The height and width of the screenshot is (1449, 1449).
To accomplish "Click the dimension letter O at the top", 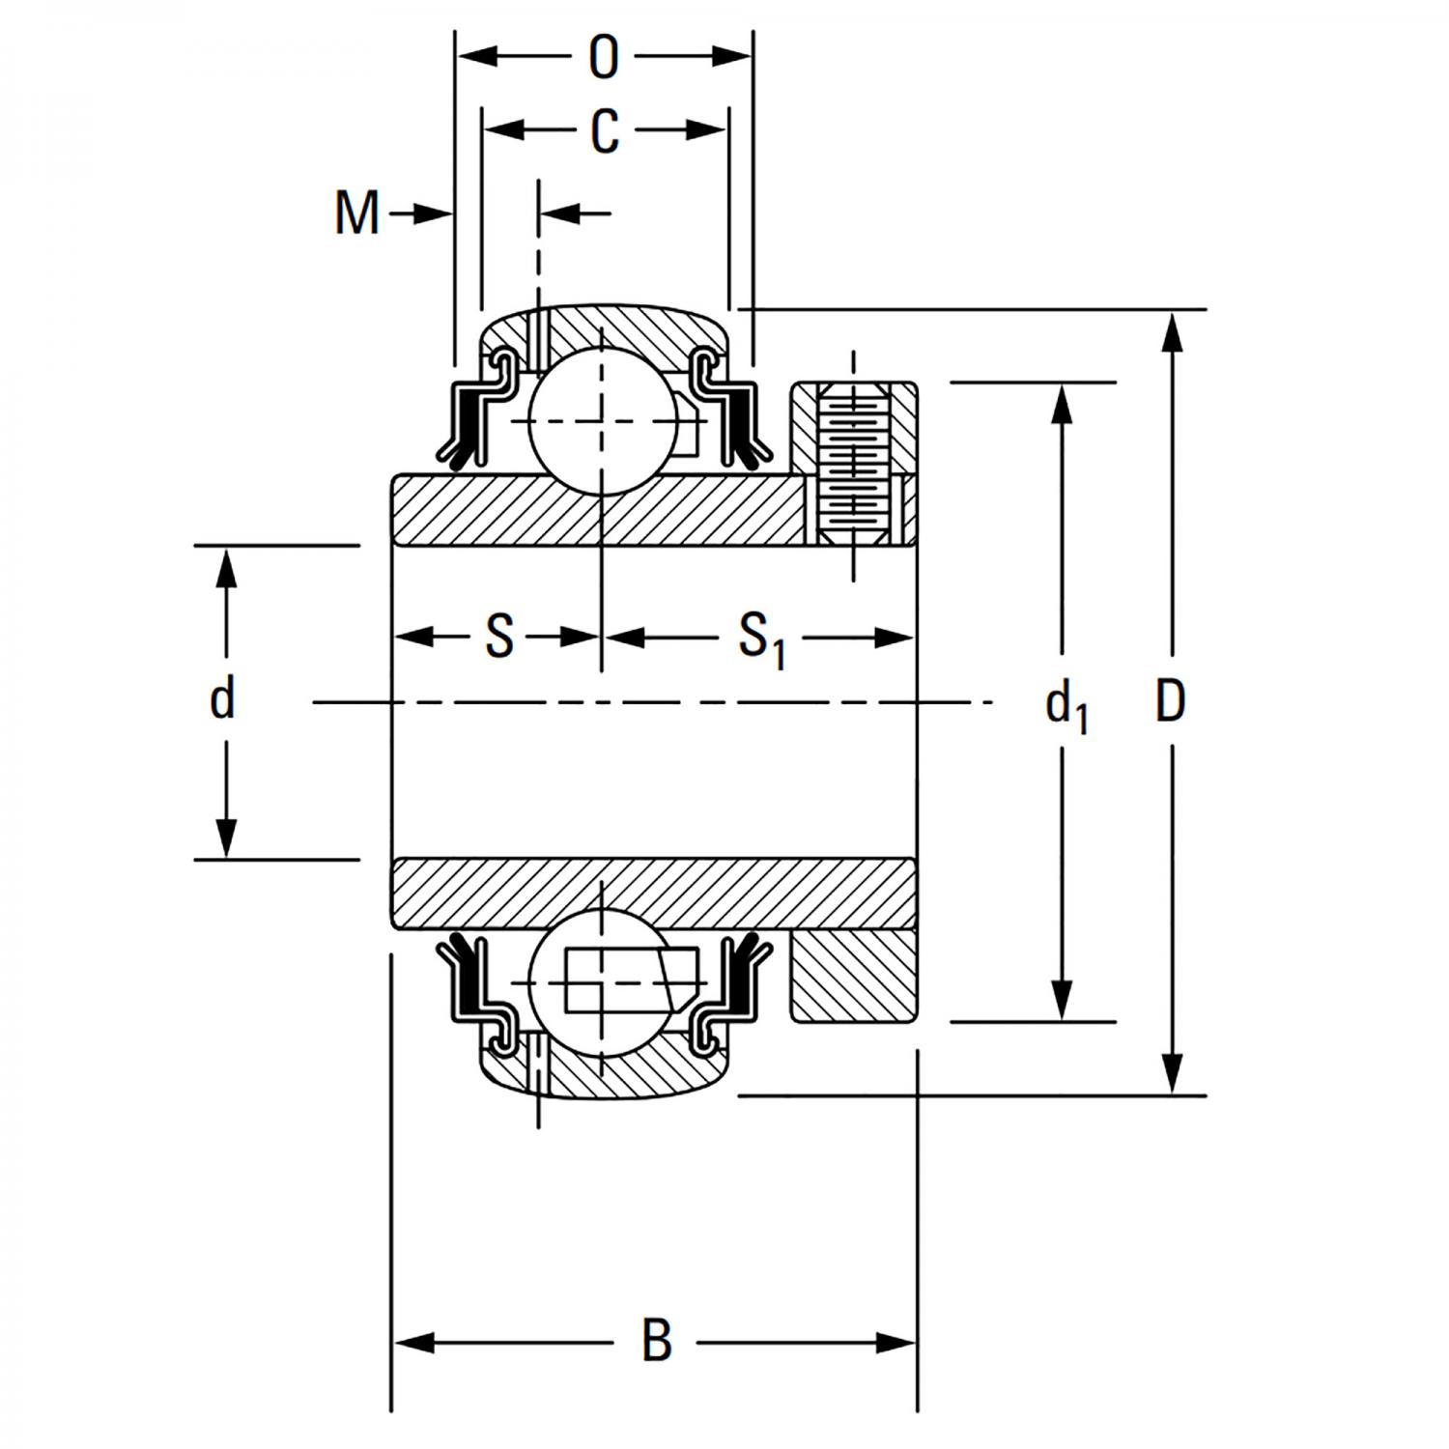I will [603, 58].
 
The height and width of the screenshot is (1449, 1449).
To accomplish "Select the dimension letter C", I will [604, 131].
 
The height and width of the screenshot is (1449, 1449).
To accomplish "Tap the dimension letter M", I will [356, 213].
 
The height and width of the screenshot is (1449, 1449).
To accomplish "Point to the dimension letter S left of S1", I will [498, 638].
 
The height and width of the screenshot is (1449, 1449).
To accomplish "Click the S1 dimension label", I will [761, 639].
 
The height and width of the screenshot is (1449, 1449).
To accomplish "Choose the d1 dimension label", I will [1065, 705].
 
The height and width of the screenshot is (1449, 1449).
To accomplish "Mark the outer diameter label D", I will [1170, 702].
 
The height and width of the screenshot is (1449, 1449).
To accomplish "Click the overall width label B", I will [656, 1341].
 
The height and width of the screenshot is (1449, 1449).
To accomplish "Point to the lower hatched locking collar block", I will [852, 976].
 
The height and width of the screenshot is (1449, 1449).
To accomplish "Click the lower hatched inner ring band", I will [653, 894].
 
